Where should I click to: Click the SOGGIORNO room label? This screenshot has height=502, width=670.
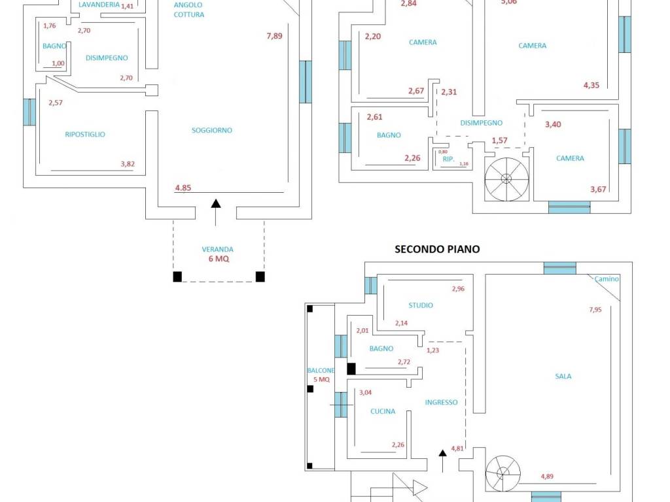click(211, 130)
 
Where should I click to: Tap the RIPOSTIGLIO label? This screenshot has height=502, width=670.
click(84, 134)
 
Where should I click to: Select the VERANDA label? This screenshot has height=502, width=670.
click(217, 249)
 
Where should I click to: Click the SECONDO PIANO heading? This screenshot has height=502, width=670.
click(436, 249)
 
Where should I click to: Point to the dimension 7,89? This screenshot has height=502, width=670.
click(274, 36)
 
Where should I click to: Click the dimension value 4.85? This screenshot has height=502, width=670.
click(183, 188)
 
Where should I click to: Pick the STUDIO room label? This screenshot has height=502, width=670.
click(421, 305)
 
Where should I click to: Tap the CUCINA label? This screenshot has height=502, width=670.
click(382, 411)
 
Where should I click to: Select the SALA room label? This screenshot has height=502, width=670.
click(563, 376)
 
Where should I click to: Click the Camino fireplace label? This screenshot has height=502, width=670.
click(607, 278)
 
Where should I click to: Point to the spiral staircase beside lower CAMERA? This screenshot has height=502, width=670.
click(506, 179)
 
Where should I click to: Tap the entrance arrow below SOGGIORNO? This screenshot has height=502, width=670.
click(216, 212)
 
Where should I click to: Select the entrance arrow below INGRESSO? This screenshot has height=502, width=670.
click(443, 461)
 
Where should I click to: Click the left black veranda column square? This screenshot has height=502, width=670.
click(177, 276)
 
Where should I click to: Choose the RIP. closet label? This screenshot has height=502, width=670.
click(448, 159)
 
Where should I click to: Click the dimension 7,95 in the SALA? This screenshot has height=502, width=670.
click(595, 309)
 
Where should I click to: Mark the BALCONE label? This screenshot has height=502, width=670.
click(321, 370)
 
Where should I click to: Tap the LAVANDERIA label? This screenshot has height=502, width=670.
click(99, 5)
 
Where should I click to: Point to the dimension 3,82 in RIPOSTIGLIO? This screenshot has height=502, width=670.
click(128, 163)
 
